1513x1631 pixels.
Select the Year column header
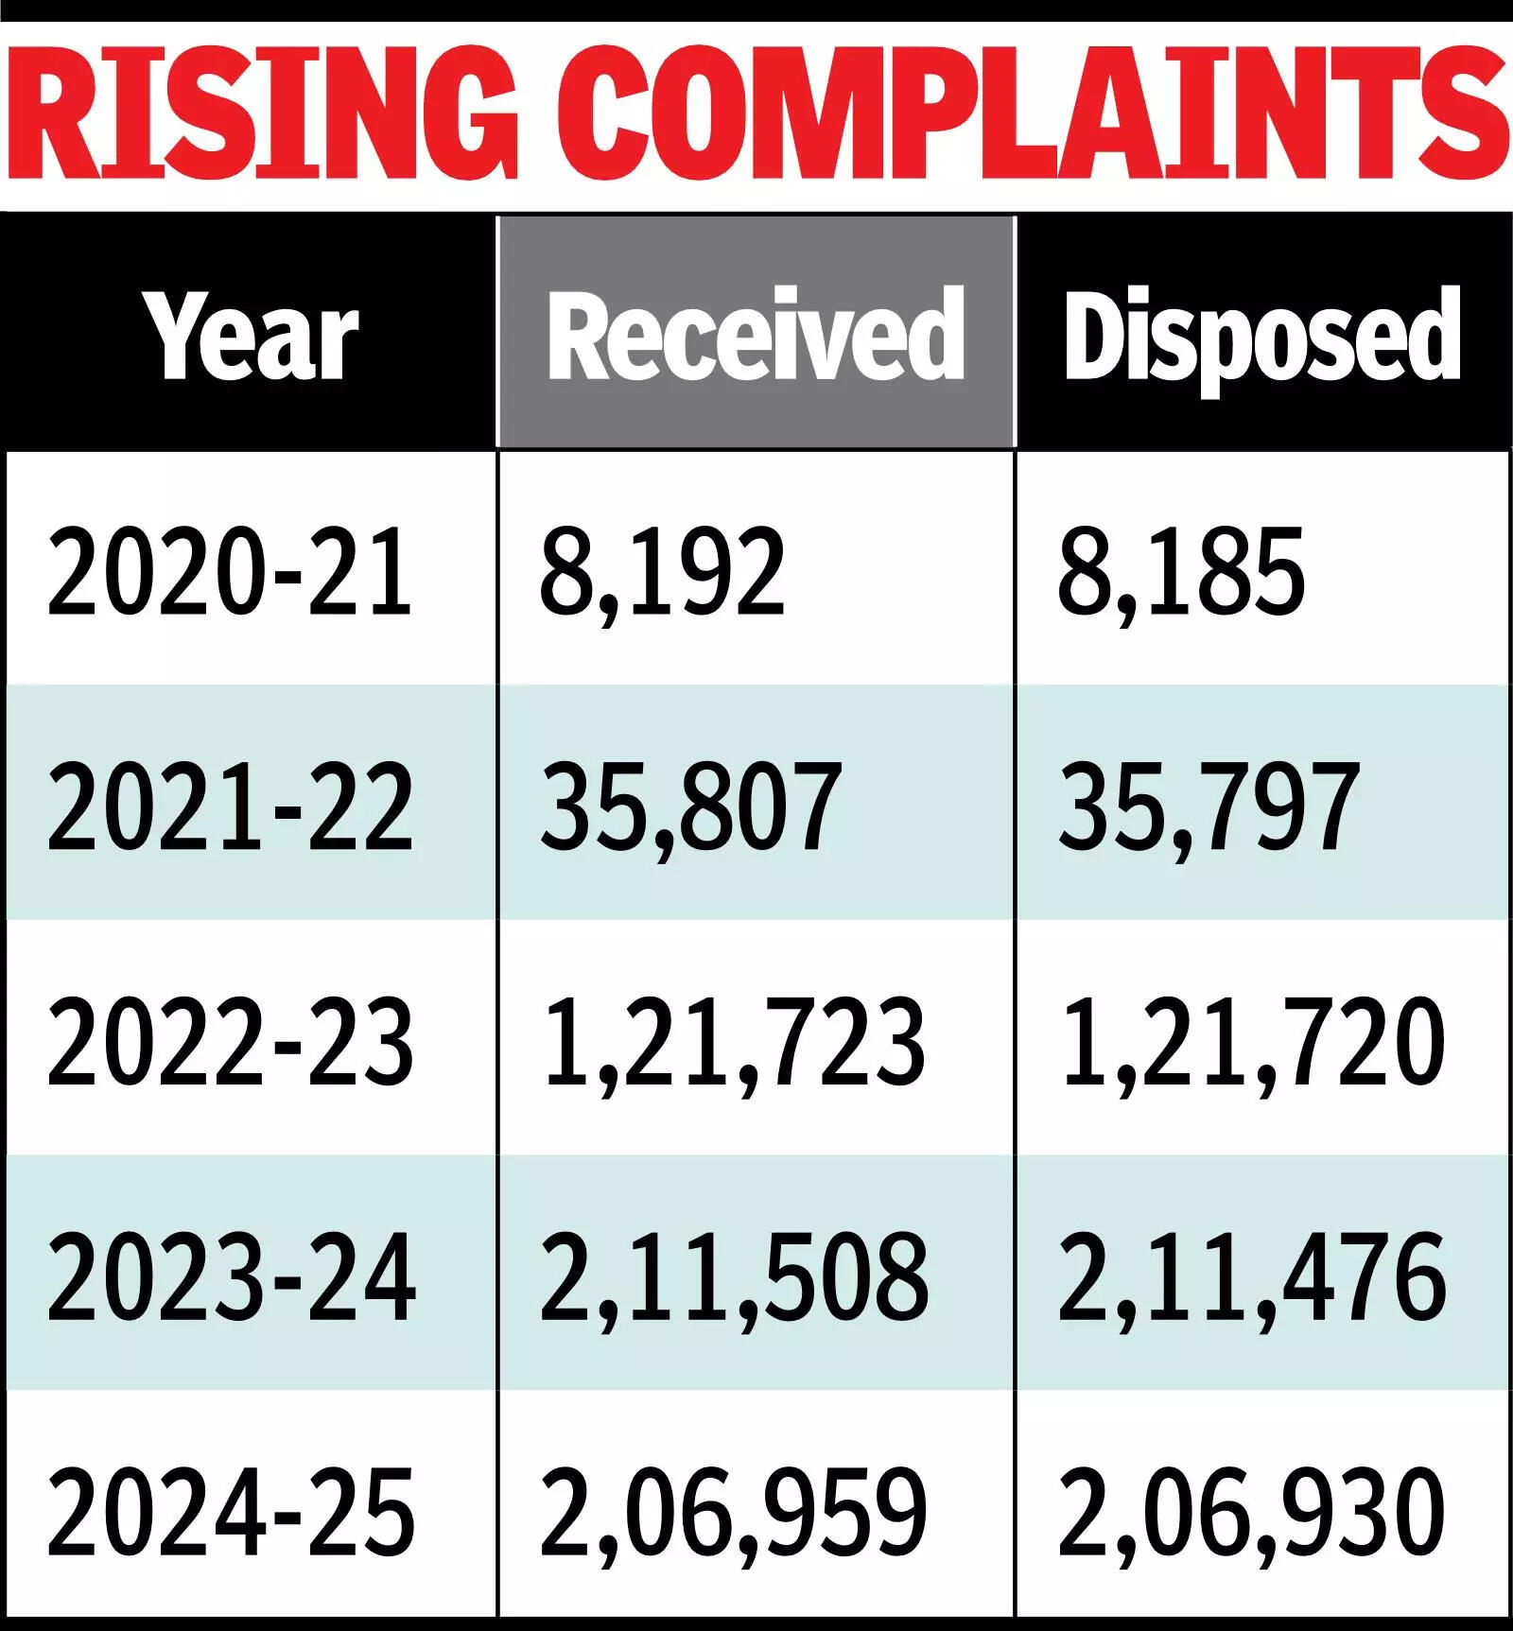[x=251, y=336]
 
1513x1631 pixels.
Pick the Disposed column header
[x=1262, y=336]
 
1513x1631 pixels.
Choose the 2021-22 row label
[x=230, y=807]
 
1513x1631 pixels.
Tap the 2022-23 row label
[x=230, y=1041]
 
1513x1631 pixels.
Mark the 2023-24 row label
[x=231, y=1276]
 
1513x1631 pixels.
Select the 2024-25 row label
[x=231, y=1511]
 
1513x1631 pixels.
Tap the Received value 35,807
[x=690, y=807]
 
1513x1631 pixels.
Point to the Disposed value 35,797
[x=1209, y=807]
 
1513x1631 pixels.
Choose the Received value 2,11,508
[x=734, y=1276]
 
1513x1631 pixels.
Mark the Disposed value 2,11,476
[x=1253, y=1276]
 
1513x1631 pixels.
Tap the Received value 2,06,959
[x=734, y=1511]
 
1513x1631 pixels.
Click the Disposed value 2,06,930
[x=1253, y=1511]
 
